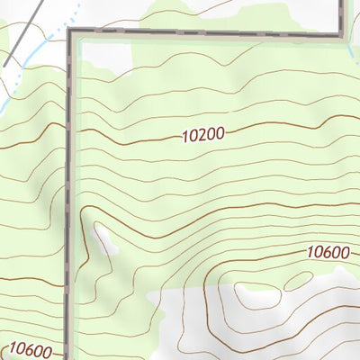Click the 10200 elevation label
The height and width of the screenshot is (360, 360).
202,135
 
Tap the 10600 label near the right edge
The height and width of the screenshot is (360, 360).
327,252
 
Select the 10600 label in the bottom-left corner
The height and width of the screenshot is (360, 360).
31,348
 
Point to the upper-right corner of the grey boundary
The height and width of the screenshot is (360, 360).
343,35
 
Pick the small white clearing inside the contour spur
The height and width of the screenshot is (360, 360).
103,238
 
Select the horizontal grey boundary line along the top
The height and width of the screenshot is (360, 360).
207,35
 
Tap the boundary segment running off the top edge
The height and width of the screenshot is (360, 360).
343,13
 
